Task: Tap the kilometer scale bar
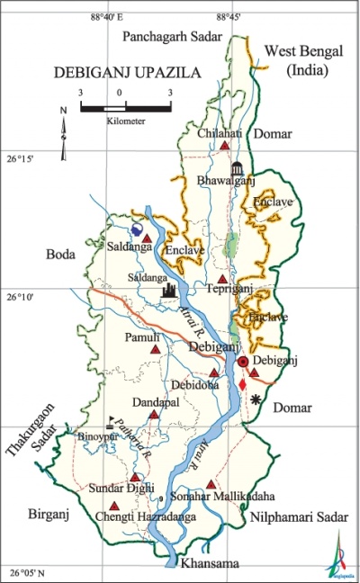125,106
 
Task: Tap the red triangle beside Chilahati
224,146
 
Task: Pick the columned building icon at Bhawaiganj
238,168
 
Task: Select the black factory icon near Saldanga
169,290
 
